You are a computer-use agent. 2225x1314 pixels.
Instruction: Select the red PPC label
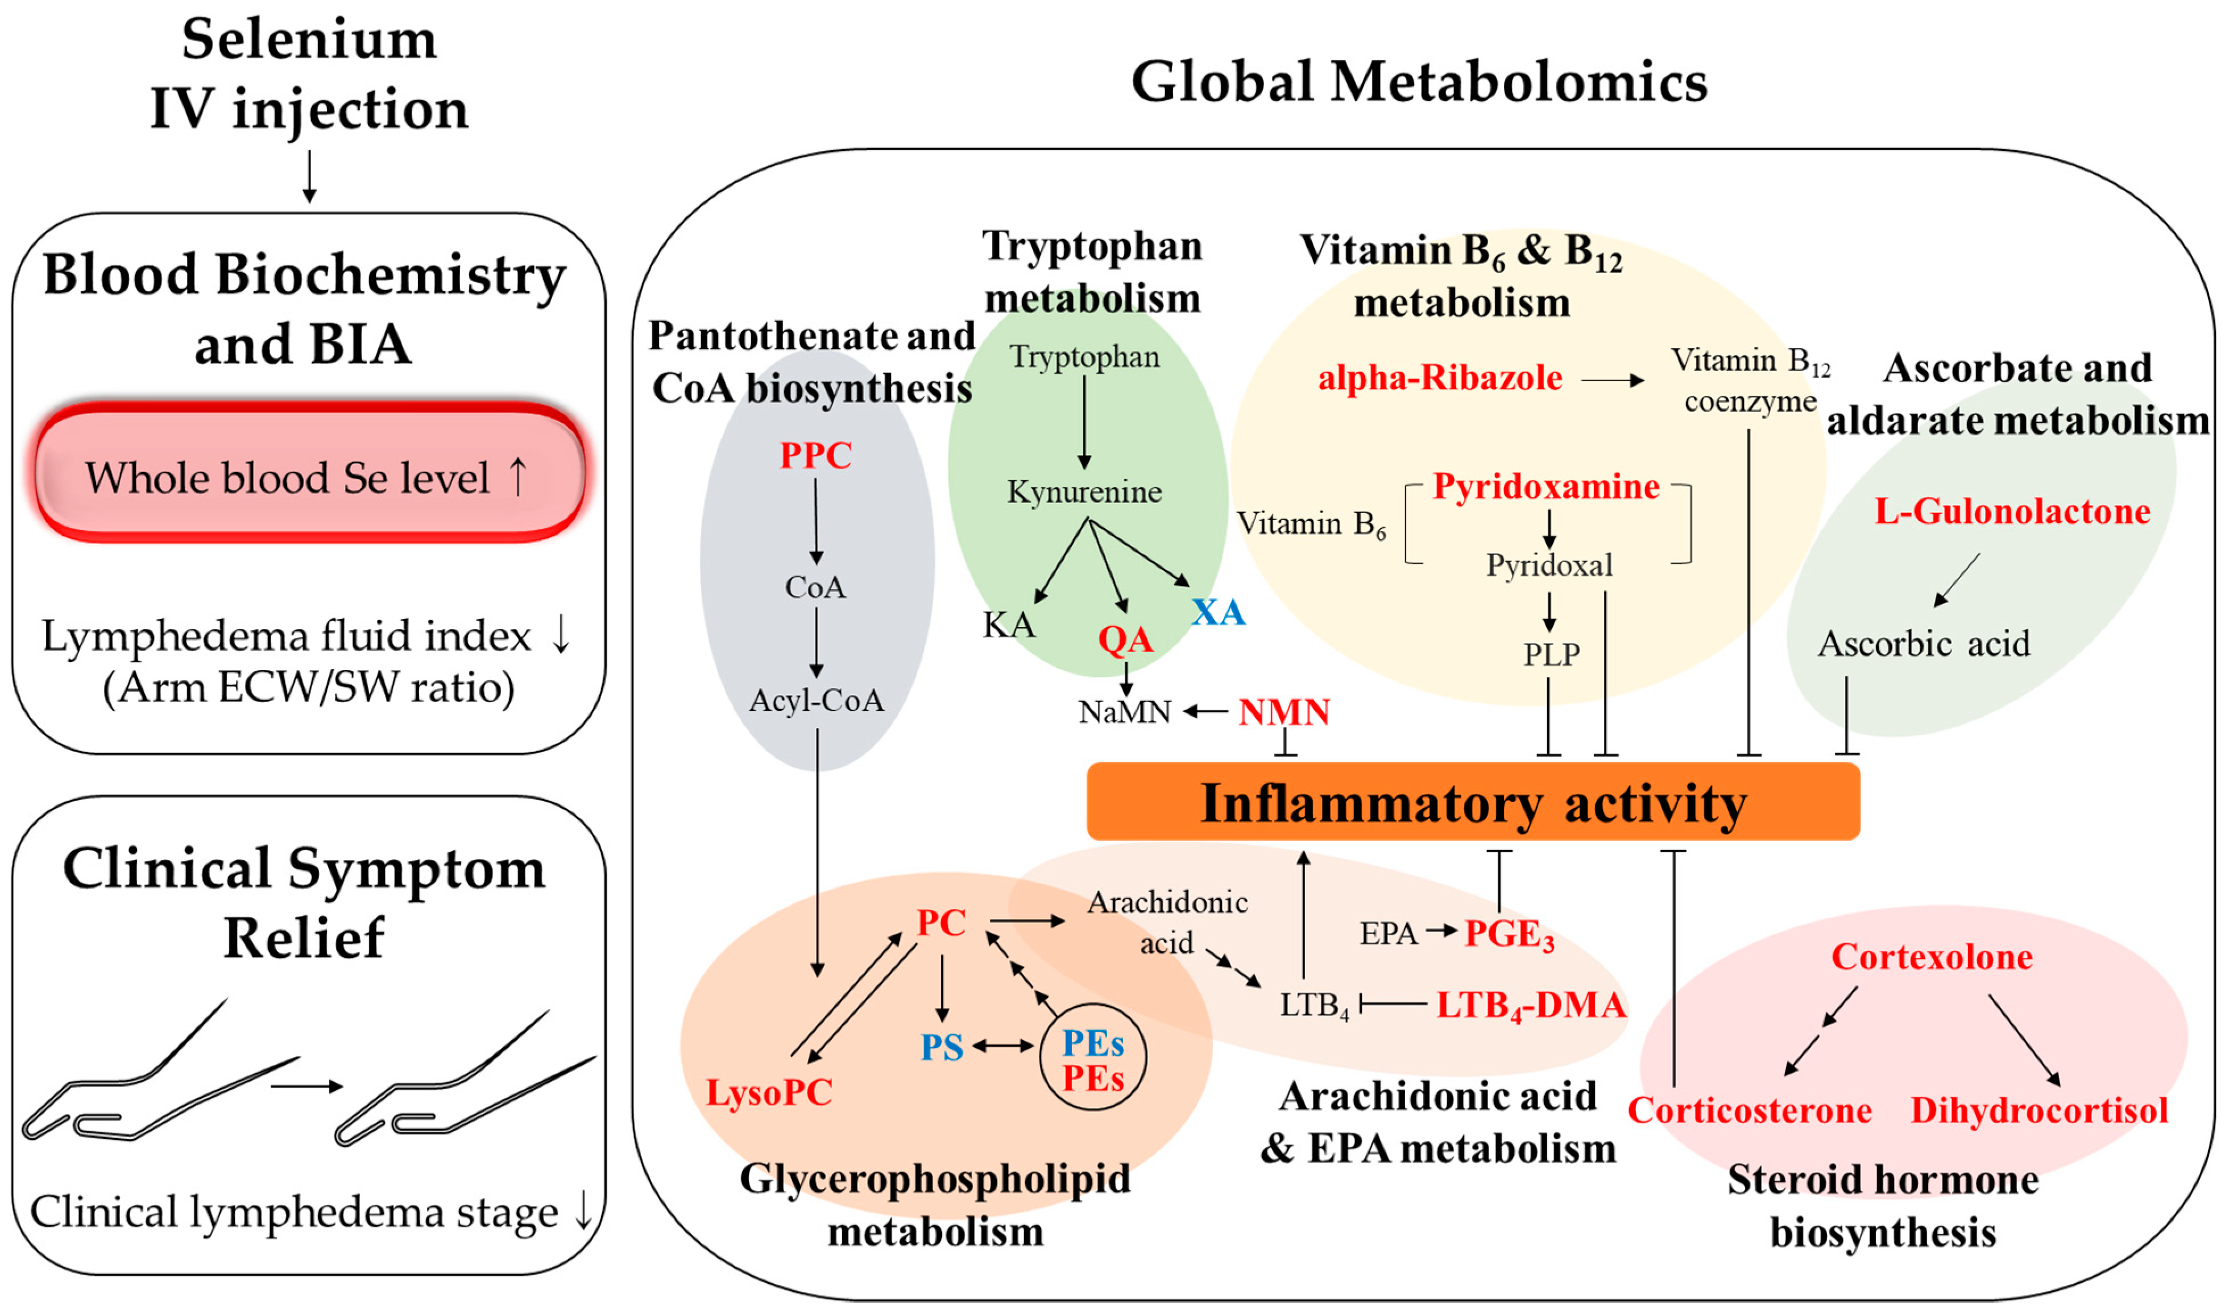pyautogui.click(x=815, y=455)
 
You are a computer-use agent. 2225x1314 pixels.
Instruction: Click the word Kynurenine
pyautogui.click(x=1084, y=491)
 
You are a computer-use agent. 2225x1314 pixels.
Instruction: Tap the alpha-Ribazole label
pyautogui.click(x=1439, y=378)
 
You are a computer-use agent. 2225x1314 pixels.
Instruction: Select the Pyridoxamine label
pyautogui.click(x=1546, y=486)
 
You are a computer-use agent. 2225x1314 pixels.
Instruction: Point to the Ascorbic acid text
pyautogui.click(x=1923, y=644)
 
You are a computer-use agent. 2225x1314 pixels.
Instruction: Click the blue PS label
pyautogui.click(x=941, y=1047)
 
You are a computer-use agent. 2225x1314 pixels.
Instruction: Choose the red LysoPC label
pyautogui.click(x=768, y=1092)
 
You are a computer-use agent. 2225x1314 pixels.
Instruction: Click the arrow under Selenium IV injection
pyautogui.click(x=309, y=177)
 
